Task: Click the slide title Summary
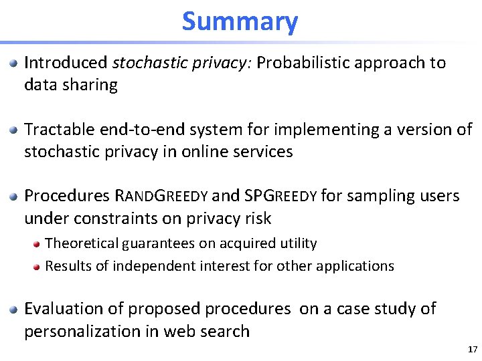point(240,21)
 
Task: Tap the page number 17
point(473,349)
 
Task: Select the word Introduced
point(66,63)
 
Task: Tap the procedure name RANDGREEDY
point(162,196)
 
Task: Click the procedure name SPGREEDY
point(280,196)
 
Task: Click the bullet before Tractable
point(13,130)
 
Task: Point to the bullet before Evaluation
point(13,310)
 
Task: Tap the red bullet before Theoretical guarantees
point(37,244)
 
